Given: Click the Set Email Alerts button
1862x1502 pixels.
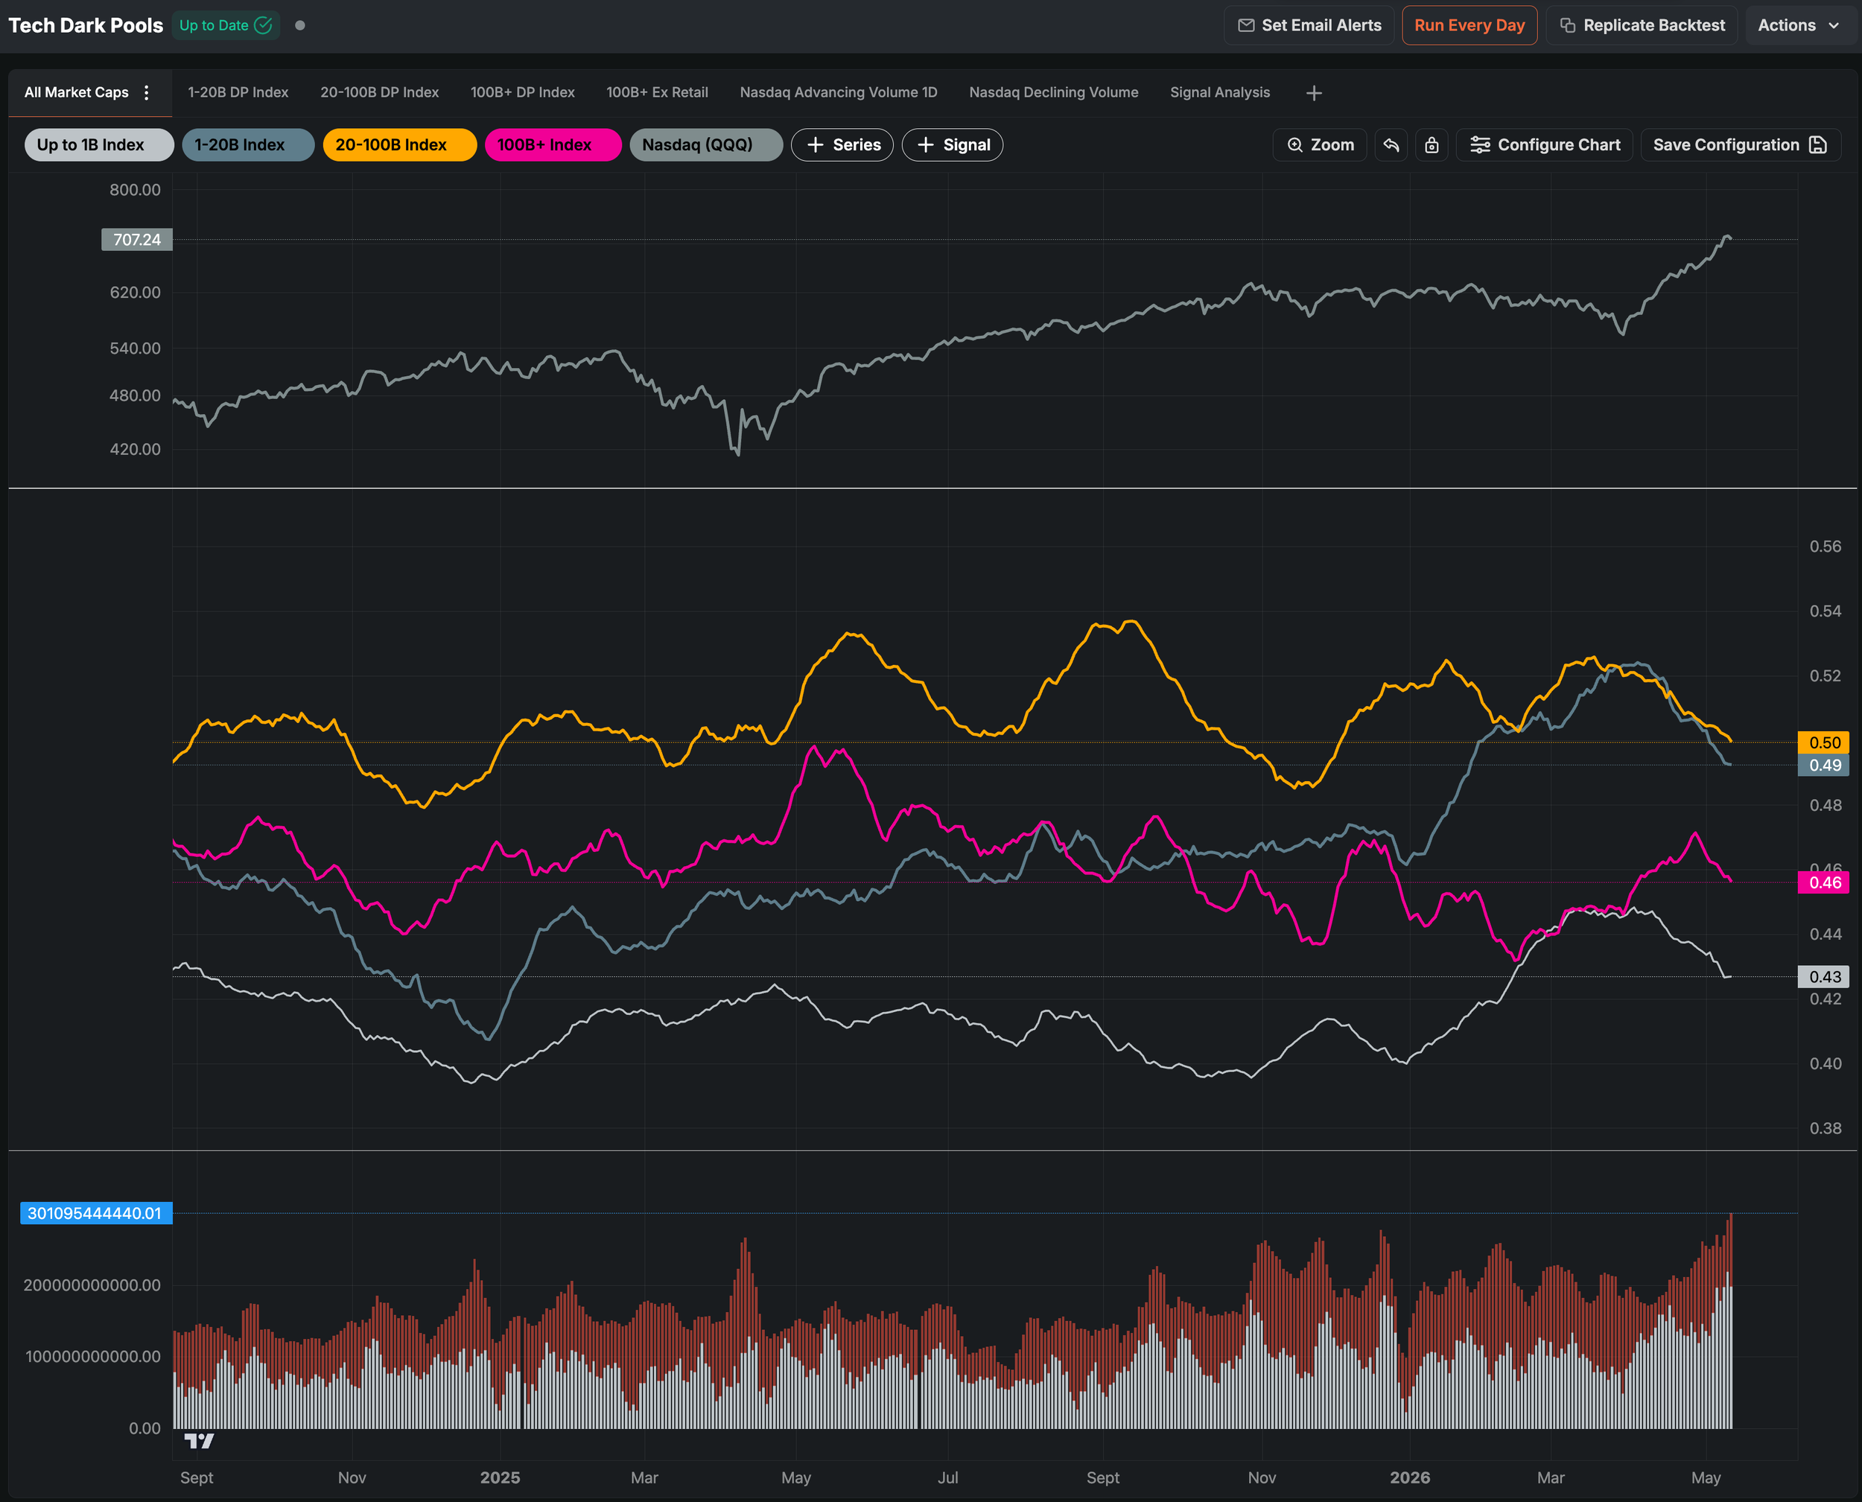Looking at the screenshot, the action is point(1309,25).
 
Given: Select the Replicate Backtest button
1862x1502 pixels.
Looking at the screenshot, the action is point(1642,25).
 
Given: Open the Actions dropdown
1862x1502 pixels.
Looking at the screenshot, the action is point(1798,25).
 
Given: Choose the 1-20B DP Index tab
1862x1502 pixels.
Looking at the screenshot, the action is point(238,92).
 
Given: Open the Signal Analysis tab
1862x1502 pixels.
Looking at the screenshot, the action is point(1219,92).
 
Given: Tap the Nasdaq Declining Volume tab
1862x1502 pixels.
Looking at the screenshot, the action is point(1053,92).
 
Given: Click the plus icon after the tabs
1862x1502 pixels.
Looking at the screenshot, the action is point(1313,92).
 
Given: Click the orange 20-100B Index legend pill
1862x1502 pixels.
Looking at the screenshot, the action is point(400,144).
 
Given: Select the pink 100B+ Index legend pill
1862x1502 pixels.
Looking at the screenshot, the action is point(553,144).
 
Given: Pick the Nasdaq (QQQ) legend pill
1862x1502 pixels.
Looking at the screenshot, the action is point(706,144).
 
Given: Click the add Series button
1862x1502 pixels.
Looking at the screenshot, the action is point(842,144).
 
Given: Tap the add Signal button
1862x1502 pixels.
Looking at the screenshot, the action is point(953,144).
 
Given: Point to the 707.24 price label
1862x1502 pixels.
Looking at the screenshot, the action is point(137,240).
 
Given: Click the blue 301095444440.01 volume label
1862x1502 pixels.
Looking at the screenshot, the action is point(96,1213).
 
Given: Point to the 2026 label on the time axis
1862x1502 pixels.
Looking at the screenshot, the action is point(1409,1477).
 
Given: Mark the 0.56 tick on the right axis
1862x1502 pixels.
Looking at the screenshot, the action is point(1825,546).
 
